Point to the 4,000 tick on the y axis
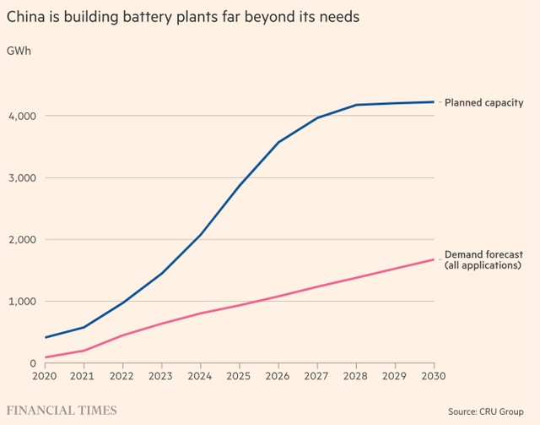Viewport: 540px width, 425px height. pyautogui.click(x=19, y=116)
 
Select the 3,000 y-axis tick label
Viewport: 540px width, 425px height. pyautogui.click(x=19, y=178)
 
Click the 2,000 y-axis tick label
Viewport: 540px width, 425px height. pyautogui.click(x=19, y=240)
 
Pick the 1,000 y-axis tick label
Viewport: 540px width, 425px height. pyautogui.click(x=19, y=302)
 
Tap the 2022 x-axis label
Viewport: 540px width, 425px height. pyautogui.click(x=121, y=374)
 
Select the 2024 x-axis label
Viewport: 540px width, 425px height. pyautogui.click(x=200, y=374)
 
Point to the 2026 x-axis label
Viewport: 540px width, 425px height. pyautogui.click(x=278, y=374)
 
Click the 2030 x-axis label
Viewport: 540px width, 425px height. pyautogui.click(x=434, y=374)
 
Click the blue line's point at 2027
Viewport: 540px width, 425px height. pyautogui.click(x=317, y=117)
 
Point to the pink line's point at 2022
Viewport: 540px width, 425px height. pyautogui.click(x=121, y=335)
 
